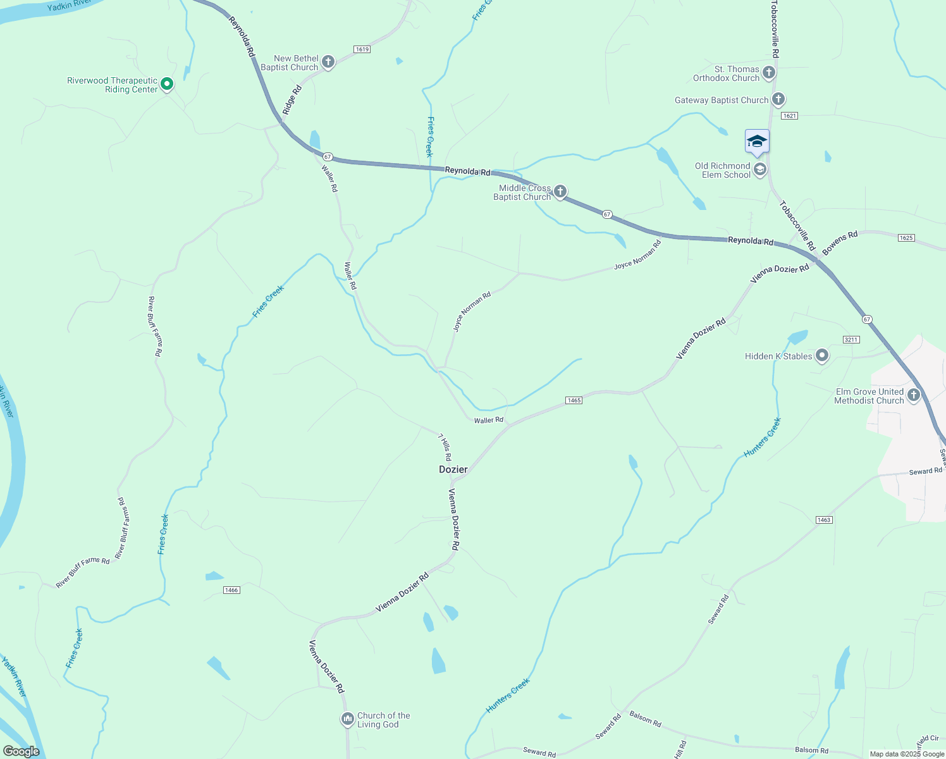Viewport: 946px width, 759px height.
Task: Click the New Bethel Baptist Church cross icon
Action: coord(328,62)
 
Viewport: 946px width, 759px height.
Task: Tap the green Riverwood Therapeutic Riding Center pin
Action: coord(167,83)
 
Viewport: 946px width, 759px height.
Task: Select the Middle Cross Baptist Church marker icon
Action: coord(560,192)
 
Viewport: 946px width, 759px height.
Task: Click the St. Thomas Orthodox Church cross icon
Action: coord(769,73)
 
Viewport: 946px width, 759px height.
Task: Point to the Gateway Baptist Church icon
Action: coord(778,99)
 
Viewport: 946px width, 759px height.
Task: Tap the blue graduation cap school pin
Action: coord(757,142)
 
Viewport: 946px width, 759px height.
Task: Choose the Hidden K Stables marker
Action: coord(821,356)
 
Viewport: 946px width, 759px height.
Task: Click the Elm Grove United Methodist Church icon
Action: coord(913,396)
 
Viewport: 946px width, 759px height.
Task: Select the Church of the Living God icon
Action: coord(347,719)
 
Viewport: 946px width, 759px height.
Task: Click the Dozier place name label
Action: coord(453,469)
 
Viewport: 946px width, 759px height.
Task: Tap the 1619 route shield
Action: coord(362,49)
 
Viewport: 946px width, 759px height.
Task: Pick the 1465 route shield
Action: coord(574,400)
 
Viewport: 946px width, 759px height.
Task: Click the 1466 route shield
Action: coord(231,590)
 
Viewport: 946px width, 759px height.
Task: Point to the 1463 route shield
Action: coord(823,520)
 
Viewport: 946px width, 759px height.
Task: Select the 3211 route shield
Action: coord(851,340)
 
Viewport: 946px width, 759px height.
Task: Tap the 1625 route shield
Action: coord(906,238)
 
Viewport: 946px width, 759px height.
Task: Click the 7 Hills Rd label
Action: coord(445,447)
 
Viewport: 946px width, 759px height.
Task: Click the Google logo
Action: coord(21,751)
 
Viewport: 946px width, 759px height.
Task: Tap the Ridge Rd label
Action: coord(292,100)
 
